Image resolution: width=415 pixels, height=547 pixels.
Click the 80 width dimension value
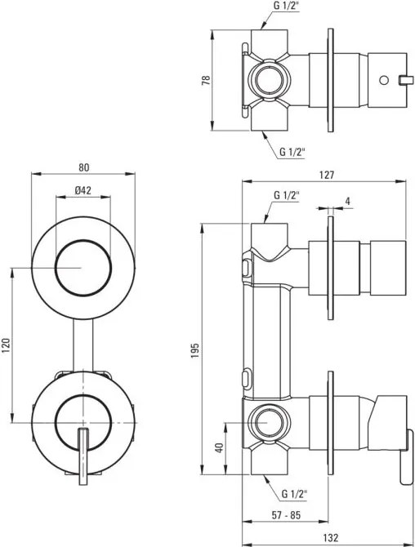click(x=84, y=168)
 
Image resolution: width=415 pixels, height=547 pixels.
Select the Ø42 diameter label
click(x=83, y=190)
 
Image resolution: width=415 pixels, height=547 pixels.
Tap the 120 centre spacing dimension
click(x=7, y=345)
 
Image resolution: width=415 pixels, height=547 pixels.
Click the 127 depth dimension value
click(x=327, y=175)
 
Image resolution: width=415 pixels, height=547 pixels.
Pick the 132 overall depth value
click(x=330, y=537)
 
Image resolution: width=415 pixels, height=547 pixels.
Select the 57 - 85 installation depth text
click(x=286, y=515)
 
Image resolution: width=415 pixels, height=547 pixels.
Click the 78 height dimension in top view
click(x=207, y=80)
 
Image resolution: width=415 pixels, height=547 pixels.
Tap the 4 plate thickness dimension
click(x=348, y=201)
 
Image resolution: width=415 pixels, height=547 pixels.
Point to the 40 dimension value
click(x=219, y=447)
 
